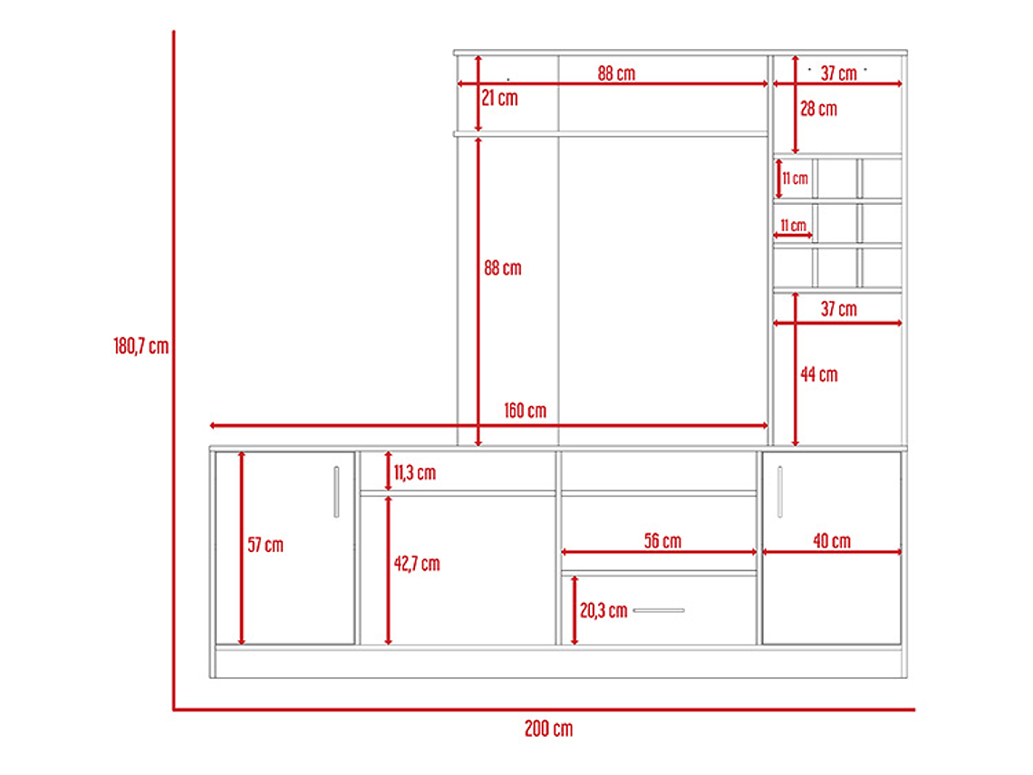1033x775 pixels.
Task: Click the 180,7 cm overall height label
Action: pyautogui.click(x=141, y=346)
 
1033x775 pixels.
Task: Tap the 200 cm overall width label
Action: pyautogui.click(x=549, y=729)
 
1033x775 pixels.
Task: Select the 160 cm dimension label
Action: pyautogui.click(x=525, y=411)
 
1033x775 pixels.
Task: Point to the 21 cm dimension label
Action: pyautogui.click(x=499, y=98)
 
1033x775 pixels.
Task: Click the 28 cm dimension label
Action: pyautogui.click(x=819, y=109)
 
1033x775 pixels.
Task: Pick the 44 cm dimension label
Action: pyautogui.click(x=819, y=375)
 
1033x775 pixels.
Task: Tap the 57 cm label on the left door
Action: pyautogui.click(x=265, y=545)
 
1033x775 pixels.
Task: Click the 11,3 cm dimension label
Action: pyautogui.click(x=415, y=472)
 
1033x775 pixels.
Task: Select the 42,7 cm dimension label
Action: pyautogui.click(x=417, y=564)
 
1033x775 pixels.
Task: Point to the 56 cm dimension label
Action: pyautogui.click(x=662, y=541)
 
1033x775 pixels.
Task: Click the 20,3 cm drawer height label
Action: pyautogui.click(x=603, y=611)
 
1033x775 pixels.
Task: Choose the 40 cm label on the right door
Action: pyautogui.click(x=832, y=541)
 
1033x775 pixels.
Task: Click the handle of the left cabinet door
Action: pyautogui.click(x=337, y=492)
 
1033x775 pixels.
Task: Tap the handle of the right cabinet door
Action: pyautogui.click(x=780, y=491)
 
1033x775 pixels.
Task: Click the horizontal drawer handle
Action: pyautogui.click(x=659, y=610)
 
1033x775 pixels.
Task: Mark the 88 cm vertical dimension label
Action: pyautogui.click(x=503, y=268)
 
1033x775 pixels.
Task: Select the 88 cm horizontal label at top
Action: pyautogui.click(x=617, y=73)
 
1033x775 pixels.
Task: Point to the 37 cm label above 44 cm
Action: pyautogui.click(x=839, y=309)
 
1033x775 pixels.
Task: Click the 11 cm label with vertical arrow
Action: pyautogui.click(x=796, y=179)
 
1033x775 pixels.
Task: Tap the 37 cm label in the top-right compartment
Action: pyautogui.click(x=839, y=73)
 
